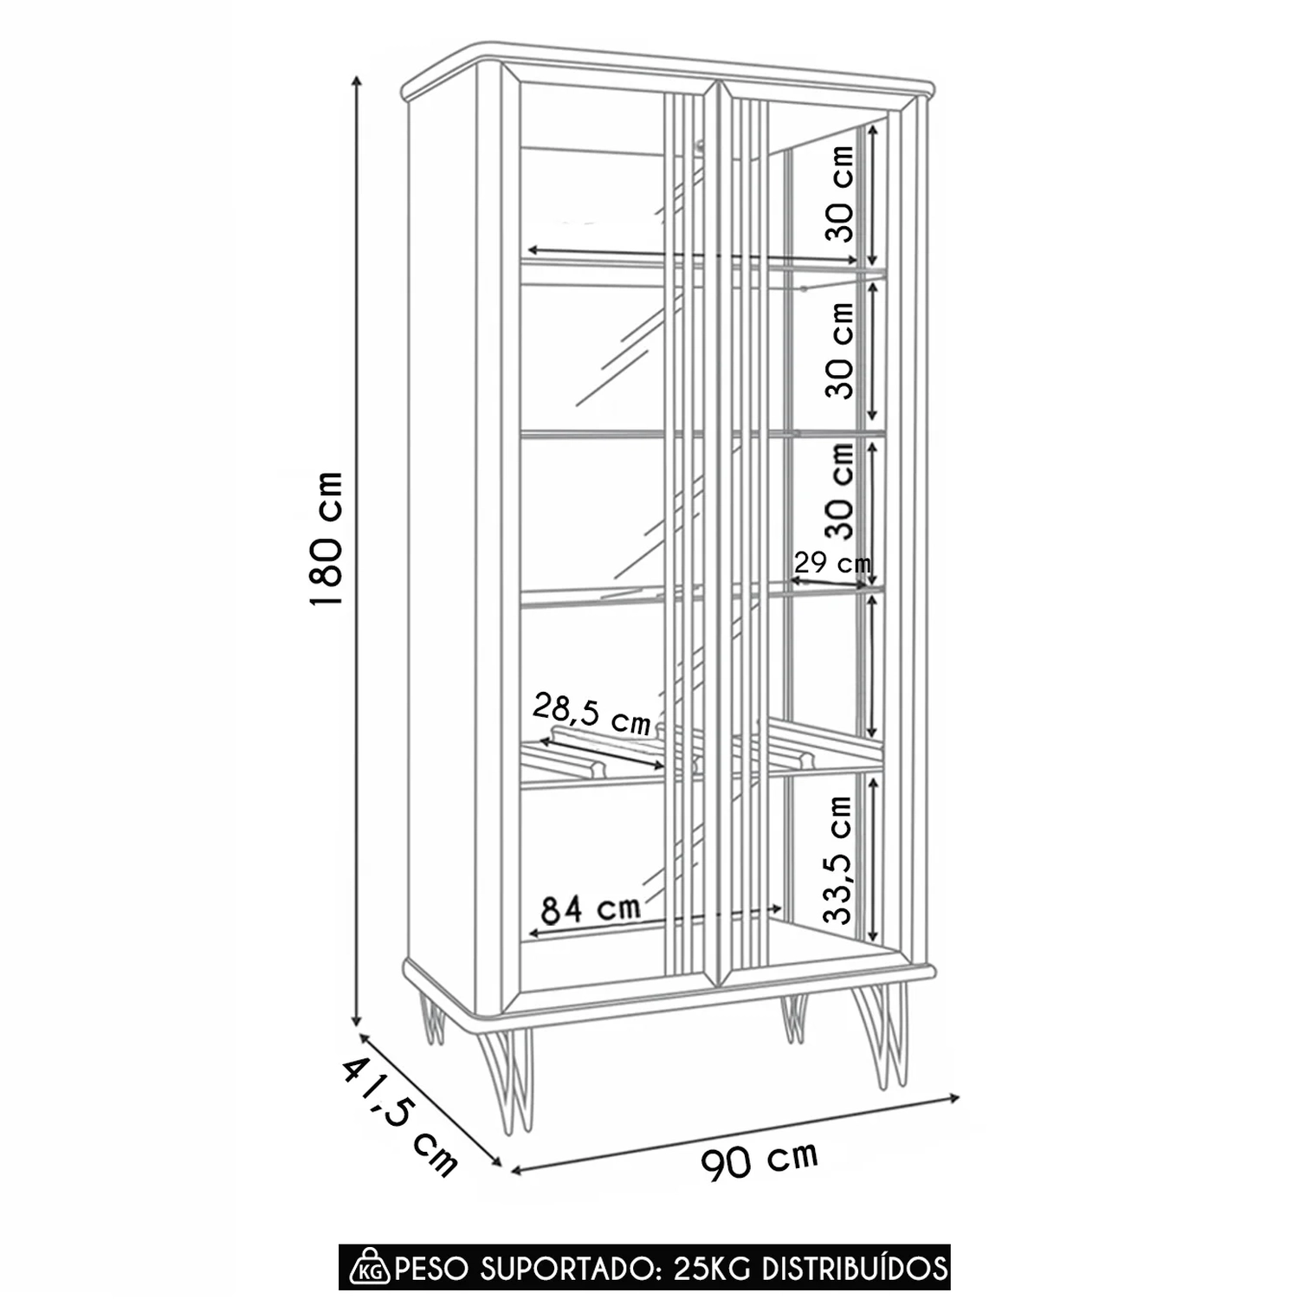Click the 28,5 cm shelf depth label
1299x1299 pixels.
tap(591, 714)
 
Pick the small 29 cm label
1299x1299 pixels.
tap(832, 563)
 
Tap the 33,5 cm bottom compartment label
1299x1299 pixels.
tap(839, 860)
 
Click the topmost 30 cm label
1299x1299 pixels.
tap(839, 192)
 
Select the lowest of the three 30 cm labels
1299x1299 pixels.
tap(839, 491)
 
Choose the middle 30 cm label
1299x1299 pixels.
tap(839, 350)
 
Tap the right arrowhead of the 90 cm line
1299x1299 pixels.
tap(954, 1098)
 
